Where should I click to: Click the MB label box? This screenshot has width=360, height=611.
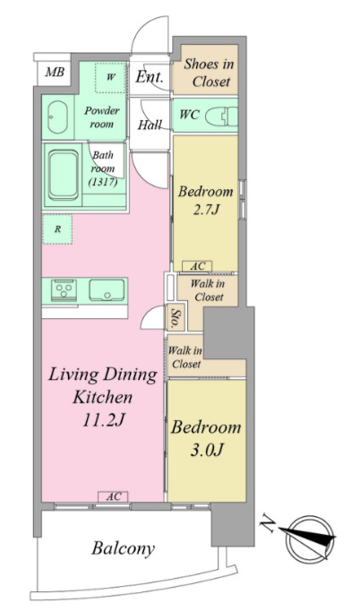click(x=55, y=72)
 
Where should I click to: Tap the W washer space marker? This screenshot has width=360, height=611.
click(x=111, y=77)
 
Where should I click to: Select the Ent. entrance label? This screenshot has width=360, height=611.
click(x=150, y=77)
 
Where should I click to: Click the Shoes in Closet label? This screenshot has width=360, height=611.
click(x=209, y=73)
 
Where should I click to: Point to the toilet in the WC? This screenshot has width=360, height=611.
click(x=221, y=116)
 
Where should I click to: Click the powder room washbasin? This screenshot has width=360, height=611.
click(x=57, y=116)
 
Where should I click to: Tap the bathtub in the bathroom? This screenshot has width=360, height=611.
click(x=63, y=176)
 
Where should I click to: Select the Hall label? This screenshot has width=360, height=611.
click(x=150, y=125)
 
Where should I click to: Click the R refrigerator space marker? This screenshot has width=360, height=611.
click(x=57, y=229)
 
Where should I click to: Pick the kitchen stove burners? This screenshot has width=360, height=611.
click(x=64, y=290)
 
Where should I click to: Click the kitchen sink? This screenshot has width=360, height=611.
click(x=107, y=290)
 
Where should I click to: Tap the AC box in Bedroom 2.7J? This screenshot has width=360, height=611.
click(x=198, y=267)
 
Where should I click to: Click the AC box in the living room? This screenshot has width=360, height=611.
click(x=113, y=497)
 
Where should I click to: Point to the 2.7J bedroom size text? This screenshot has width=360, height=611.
click(x=206, y=210)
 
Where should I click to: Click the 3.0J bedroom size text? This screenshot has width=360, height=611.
click(x=207, y=450)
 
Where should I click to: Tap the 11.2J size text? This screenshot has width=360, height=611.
click(x=103, y=420)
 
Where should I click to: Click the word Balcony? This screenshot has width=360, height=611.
click(x=123, y=548)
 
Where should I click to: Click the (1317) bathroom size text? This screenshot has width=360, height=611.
click(x=103, y=182)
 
